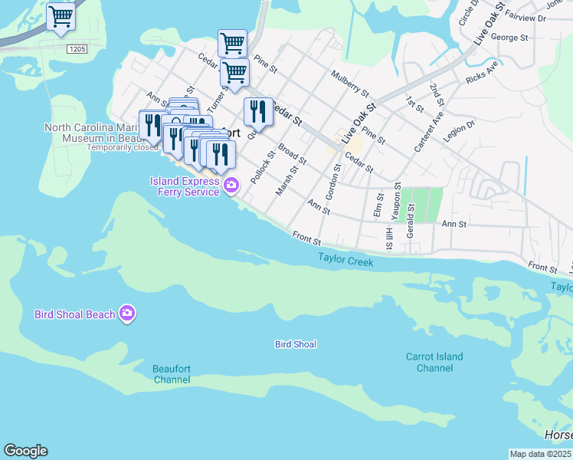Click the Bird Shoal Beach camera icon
(x=127, y=314)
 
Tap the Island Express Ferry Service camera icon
(x=231, y=185)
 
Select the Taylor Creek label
(x=345, y=262)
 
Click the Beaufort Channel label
(x=172, y=374)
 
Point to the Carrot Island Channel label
(x=434, y=363)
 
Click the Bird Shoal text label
(x=296, y=344)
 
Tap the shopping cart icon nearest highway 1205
(x=61, y=16)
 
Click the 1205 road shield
(x=77, y=49)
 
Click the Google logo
(x=25, y=451)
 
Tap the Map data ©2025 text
(x=541, y=454)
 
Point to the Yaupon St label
(x=397, y=197)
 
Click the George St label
(x=509, y=37)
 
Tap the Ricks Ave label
(x=481, y=77)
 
